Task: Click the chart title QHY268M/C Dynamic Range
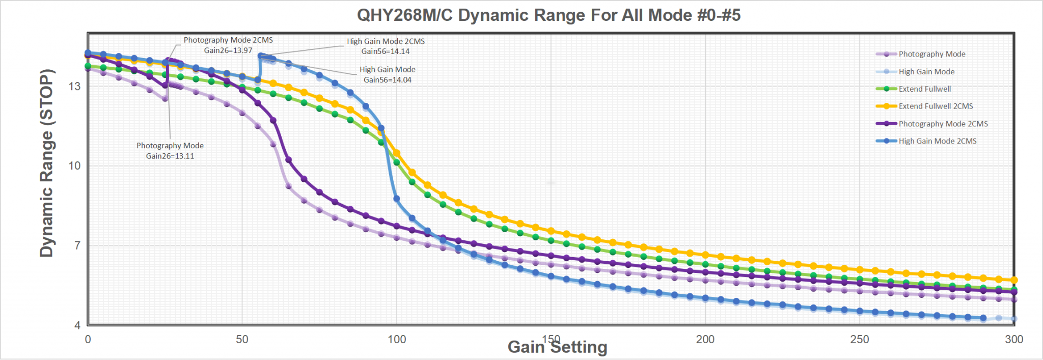[x=548, y=15]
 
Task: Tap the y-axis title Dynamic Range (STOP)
[x=47, y=163]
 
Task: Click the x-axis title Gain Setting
[x=557, y=347]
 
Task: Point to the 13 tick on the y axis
[x=75, y=86]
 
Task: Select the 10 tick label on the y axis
[x=75, y=165]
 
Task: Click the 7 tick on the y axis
[x=77, y=245]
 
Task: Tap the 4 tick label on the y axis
[x=77, y=325]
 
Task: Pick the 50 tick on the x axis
[x=242, y=340]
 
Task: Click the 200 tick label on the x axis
[x=705, y=340]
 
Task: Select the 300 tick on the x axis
[x=1013, y=340]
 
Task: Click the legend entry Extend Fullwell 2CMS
[x=935, y=106]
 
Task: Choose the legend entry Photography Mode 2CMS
[x=943, y=124]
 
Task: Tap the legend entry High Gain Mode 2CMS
[x=937, y=141]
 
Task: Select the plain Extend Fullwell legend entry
[x=924, y=89]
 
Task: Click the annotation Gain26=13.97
[x=228, y=50]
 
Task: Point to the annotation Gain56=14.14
[x=385, y=51]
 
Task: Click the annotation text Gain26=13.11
[x=170, y=156]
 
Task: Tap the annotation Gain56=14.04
[x=387, y=80]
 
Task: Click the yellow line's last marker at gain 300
[x=1013, y=280]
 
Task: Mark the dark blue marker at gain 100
[x=396, y=199]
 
